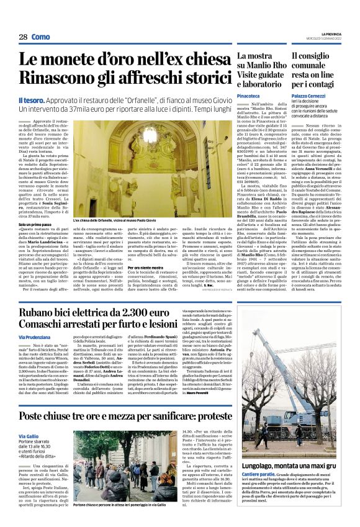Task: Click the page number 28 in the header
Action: [22, 37]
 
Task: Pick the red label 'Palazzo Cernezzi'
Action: [310, 97]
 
